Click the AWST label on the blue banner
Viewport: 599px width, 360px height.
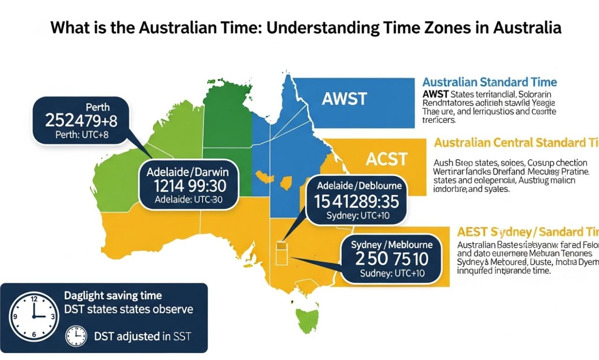click(344, 99)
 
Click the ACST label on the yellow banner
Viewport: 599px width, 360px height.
click(387, 159)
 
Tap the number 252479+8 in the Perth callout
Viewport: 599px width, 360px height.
click(81, 121)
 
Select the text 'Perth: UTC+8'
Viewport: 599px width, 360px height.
click(81, 138)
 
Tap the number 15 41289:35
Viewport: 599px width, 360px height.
click(357, 201)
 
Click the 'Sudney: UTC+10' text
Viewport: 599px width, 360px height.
click(392, 273)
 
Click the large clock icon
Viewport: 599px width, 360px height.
click(34, 316)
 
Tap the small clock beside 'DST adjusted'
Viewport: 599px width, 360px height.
click(76, 336)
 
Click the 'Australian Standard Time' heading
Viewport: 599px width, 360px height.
click(489, 82)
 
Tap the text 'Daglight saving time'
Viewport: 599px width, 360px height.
click(112, 295)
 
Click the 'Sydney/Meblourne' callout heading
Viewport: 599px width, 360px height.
click(391, 244)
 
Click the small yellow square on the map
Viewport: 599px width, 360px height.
click(281, 244)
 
